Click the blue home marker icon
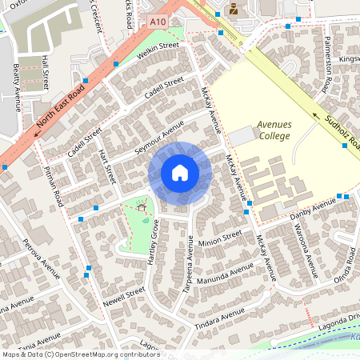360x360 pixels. [180, 173]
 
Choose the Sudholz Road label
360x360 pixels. [337, 133]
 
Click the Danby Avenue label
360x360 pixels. [313, 209]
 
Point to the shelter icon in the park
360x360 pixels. [142, 207]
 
